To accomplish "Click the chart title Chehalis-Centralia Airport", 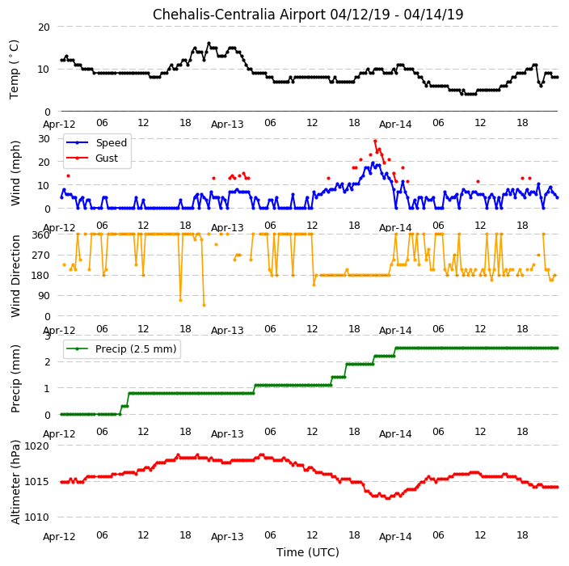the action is click(x=239, y=15).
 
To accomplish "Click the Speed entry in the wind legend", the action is click(x=96, y=142).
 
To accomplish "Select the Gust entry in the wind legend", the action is click(x=92, y=158).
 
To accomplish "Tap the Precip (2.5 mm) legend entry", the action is click(x=121, y=348).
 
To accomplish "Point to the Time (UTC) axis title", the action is click(x=308, y=552).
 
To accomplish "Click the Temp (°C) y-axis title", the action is click(x=15, y=70).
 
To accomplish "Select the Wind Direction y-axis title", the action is click(x=15, y=276).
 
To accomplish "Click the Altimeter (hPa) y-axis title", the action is click(x=15, y=482).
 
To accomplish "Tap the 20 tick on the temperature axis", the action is click(x=44, y=27).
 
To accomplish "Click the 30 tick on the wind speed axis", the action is click(x=44, y=139).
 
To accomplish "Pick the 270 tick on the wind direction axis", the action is click(x=41, y=256).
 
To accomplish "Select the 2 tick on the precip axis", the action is click(x=48, y=362).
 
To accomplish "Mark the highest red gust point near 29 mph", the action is click(x=375, y=141).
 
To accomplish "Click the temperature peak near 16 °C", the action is click(x=209, y=44).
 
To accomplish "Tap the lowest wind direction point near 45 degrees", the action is click(x=204, y=306).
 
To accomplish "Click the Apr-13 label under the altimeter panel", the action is click(x=227, y=537).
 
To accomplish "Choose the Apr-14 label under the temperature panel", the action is click(x=395, y=125).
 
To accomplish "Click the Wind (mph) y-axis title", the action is click(x=15, y=173).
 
